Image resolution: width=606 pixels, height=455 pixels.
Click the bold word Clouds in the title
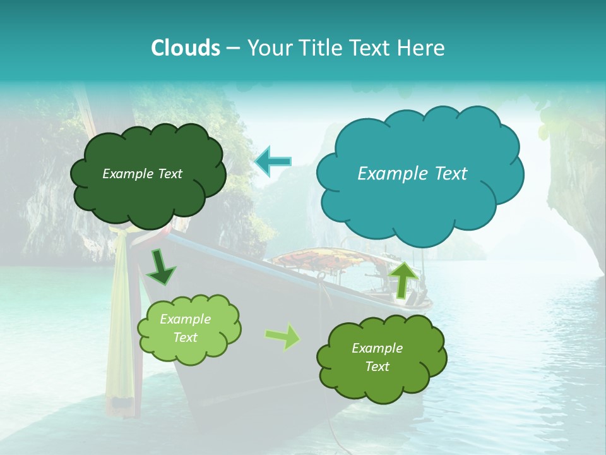pyautogui.click(x=186, y=48)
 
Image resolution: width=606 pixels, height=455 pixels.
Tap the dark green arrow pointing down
pyautogui.click(x=162, y=268)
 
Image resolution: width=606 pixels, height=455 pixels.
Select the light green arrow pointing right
pyautogui.click(x=283, y=337)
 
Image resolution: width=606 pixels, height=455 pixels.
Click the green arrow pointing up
pyautogui.click(x=403, y=279)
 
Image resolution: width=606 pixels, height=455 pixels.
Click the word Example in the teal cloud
pyautogui.click(x=386, y=174)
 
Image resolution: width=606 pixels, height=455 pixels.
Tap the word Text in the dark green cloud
pyautogui.click(x=170, y=174)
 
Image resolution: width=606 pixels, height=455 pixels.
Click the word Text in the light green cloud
pyautogui.click(x=186, y=337)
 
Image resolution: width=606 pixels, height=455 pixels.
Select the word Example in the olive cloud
pyautogui.click(x=377, y=348)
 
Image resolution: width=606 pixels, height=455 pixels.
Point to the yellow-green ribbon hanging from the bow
pyautogui.click(x=120, y=316)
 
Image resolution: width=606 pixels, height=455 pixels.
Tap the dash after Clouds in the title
pyautogui.click(x=232, y=48)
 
